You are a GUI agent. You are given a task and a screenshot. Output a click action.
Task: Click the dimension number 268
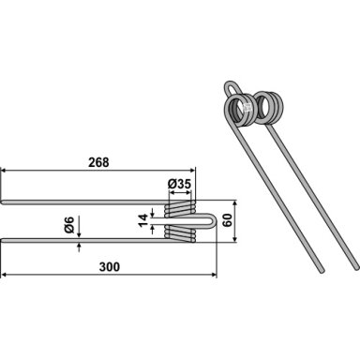click(98, 162)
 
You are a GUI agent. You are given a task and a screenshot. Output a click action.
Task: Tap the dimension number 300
click(110, 267)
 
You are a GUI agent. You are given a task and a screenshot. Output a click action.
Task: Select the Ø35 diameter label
click(179, 184)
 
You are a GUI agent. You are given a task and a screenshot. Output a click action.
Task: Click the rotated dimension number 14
click(142, 220)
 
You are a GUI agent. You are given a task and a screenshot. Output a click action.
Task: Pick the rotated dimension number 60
click(227, 220)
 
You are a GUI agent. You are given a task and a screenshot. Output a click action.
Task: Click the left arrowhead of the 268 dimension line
click(4, 171)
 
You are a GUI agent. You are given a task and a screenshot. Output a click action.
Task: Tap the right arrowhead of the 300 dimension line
click(214, 275)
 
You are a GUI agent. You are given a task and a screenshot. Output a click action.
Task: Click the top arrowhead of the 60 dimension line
click(235, 203)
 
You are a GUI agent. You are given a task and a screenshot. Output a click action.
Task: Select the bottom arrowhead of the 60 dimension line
click(235, 239)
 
